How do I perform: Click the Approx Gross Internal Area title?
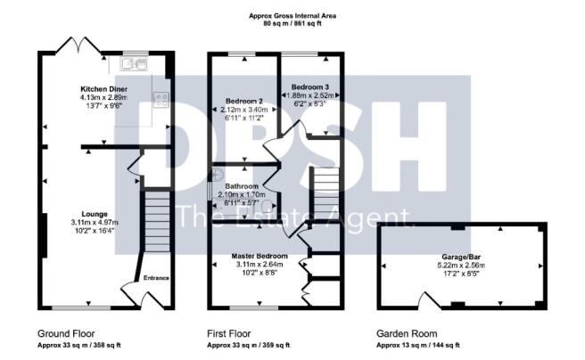click(292, 16)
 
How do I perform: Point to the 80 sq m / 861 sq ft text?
click(292, 25)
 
